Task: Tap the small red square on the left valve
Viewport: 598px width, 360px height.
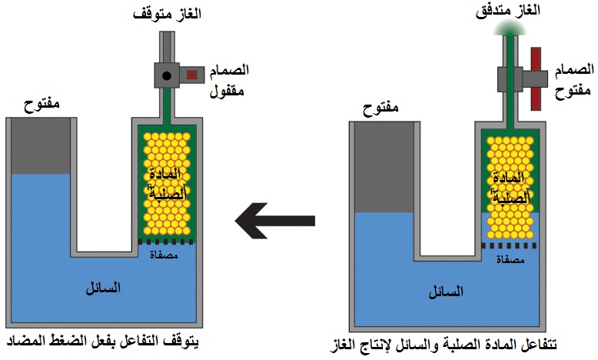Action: pos(191,75)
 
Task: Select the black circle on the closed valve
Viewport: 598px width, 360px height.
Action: pos(165,75)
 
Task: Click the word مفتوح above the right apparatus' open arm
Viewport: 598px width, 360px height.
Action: pos(382,107)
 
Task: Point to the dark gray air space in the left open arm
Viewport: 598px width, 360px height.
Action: pos(41,145)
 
